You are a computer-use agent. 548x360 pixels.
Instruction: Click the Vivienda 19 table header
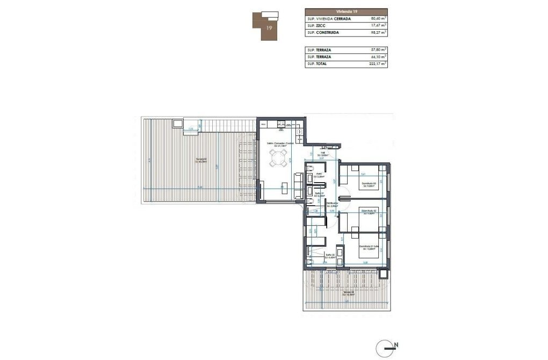(x=347, y=11)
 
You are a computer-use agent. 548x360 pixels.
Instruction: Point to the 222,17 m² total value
(x=375, y=64)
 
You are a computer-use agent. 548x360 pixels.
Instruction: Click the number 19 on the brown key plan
(x=268, y=27)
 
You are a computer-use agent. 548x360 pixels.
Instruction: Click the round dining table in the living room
(x=277, y=158)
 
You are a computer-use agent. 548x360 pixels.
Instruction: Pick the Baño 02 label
(x=330, y=256)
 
